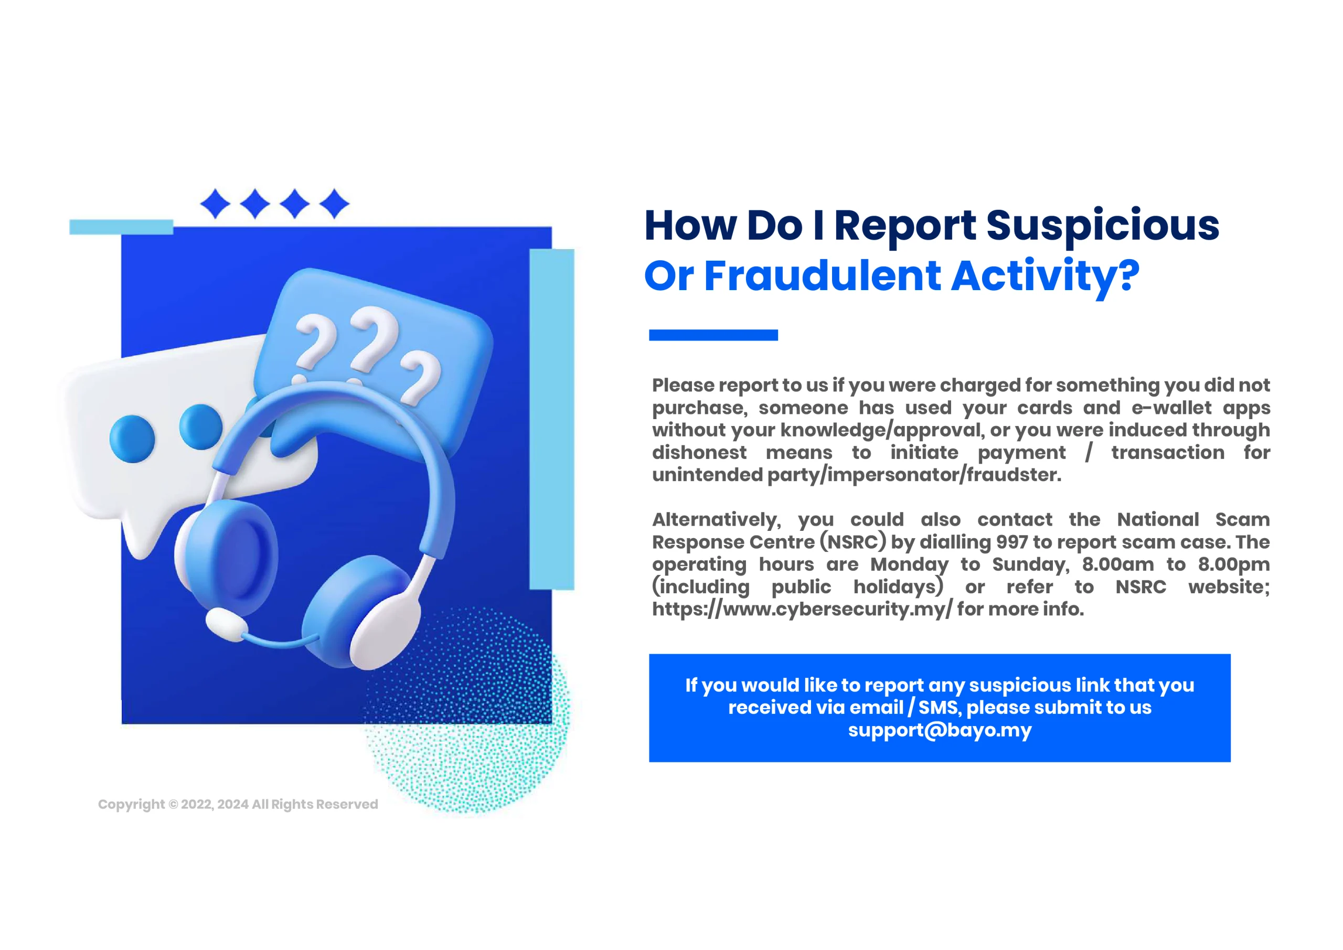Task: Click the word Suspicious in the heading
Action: [1103, 226]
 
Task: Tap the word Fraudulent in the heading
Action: [823, 276]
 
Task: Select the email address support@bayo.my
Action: [940, 731]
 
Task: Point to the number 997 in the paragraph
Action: [1012, 542]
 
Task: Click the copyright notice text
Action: [238, 804]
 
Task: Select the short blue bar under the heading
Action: [713, 335]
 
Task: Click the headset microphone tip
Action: [226, 624]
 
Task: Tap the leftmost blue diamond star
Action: [215, 204]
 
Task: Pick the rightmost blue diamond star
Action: [335, 204]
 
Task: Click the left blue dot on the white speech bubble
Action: [132, 439]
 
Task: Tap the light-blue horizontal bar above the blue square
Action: [121, 227]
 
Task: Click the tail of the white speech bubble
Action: [141, 535]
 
